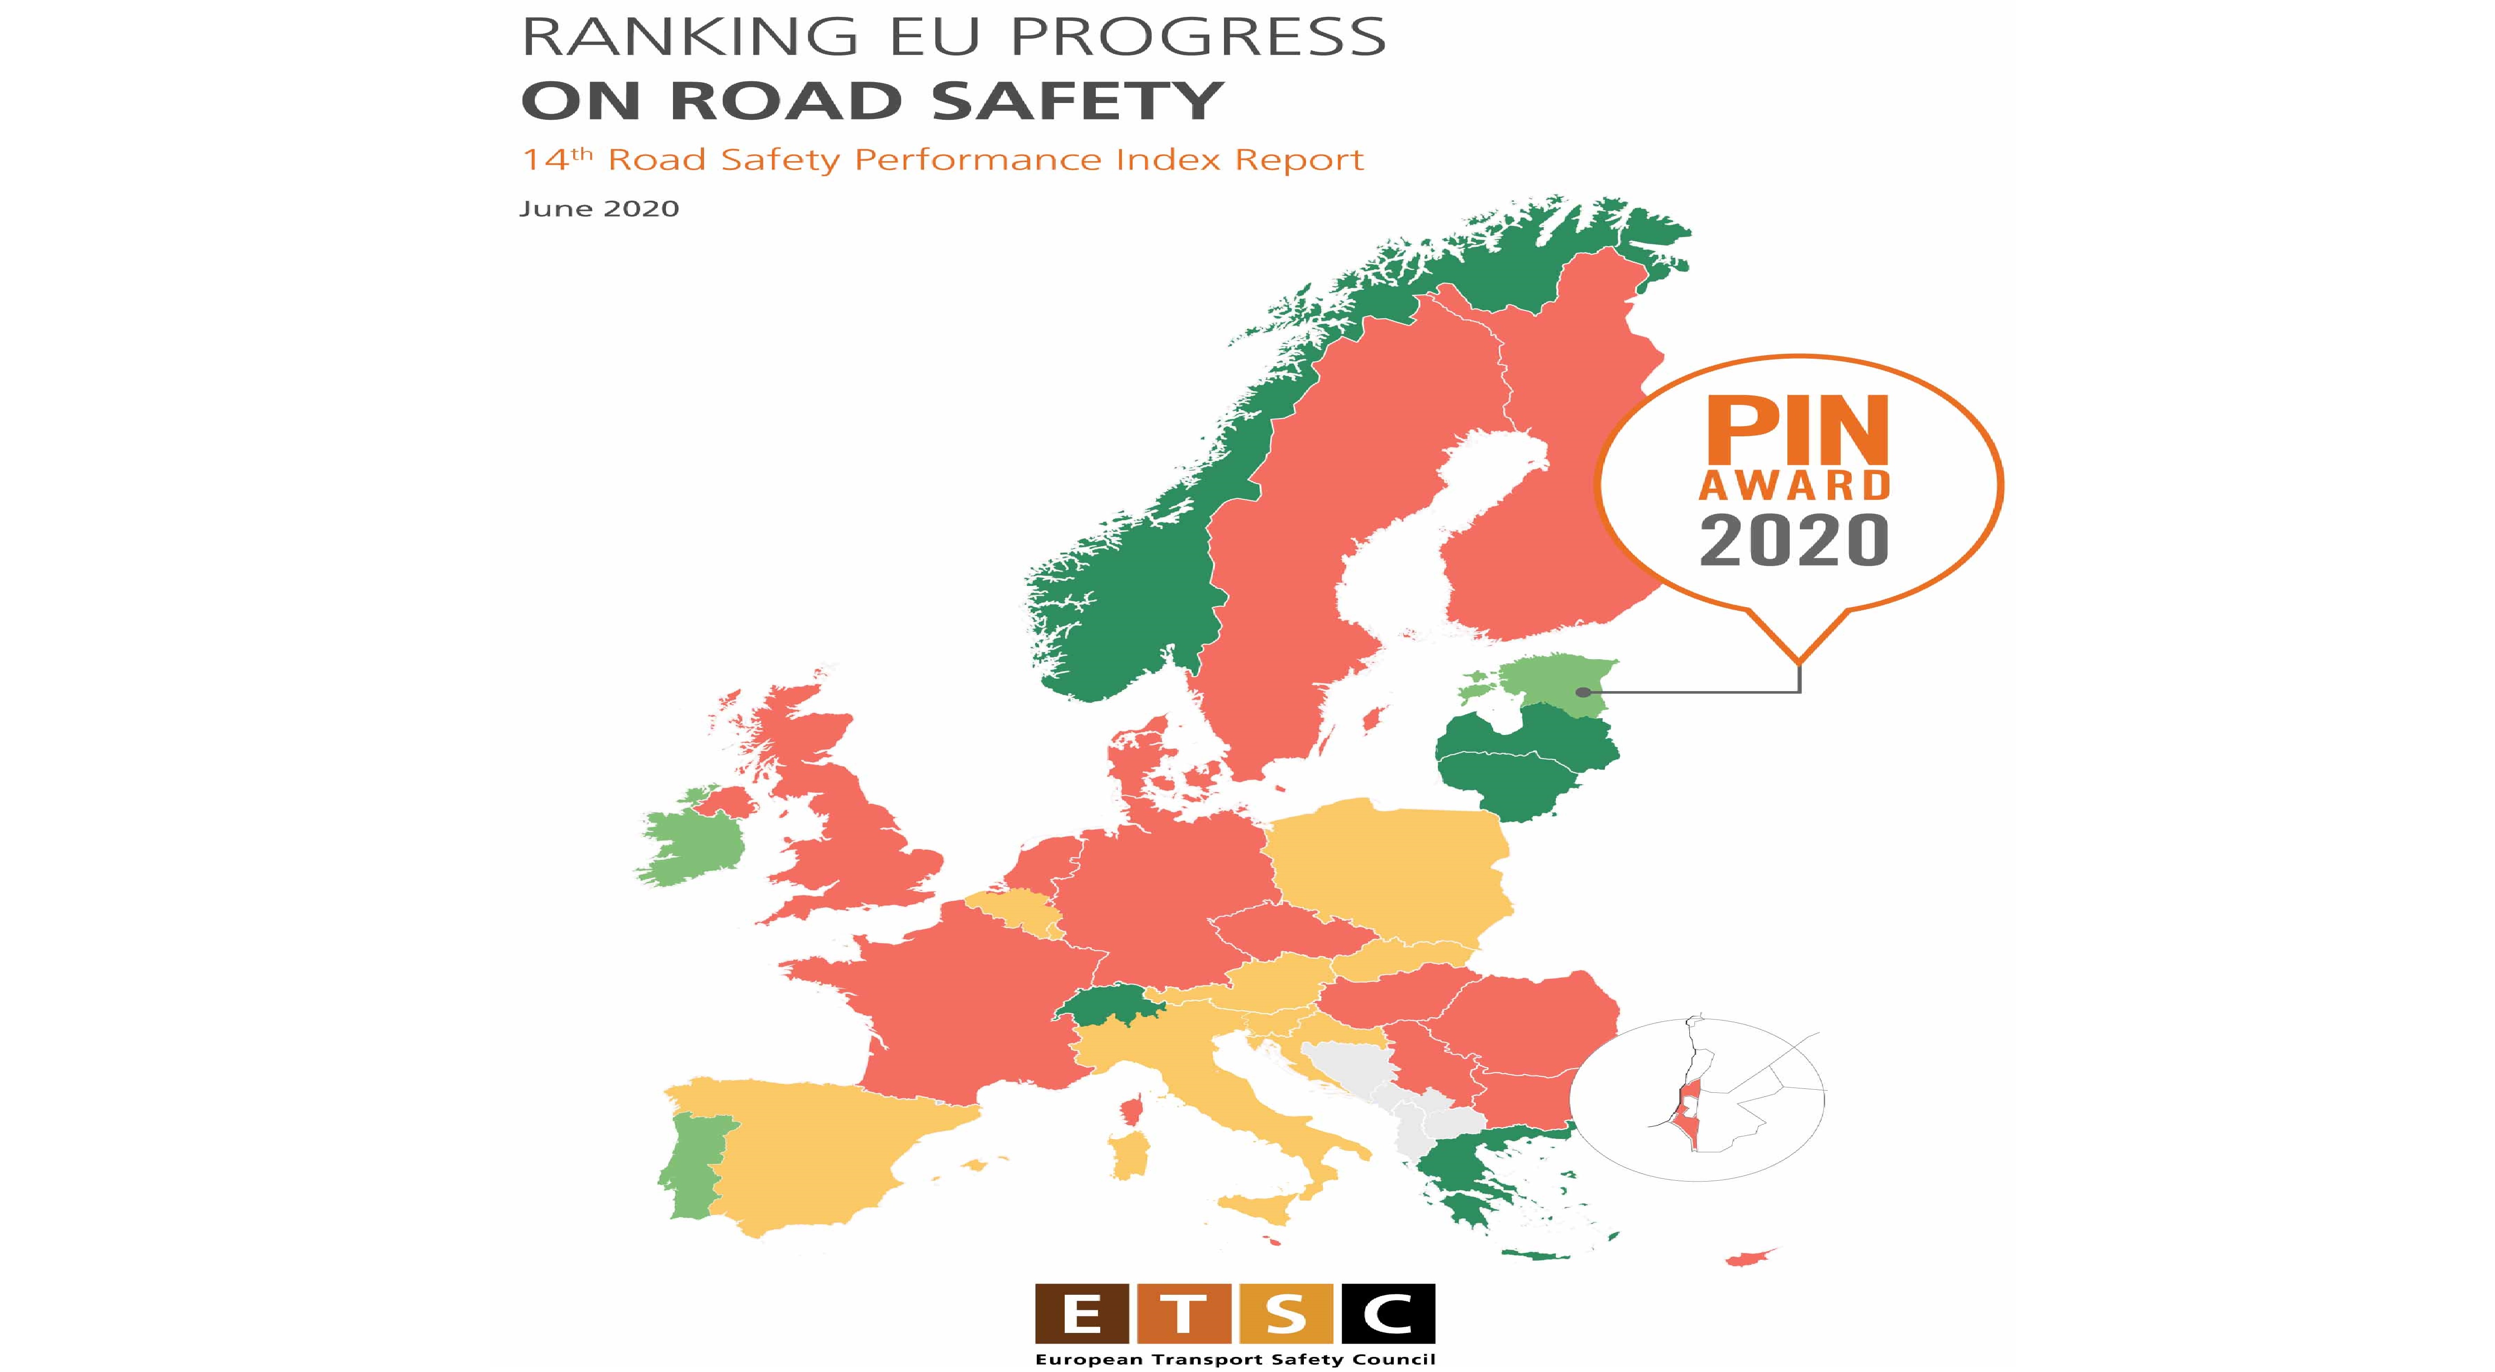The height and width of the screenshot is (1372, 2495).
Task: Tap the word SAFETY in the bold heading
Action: click(x=1077, y=101)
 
